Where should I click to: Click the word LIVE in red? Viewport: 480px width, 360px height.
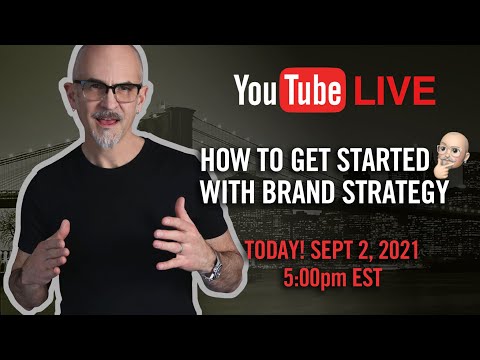tap(402, 92)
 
